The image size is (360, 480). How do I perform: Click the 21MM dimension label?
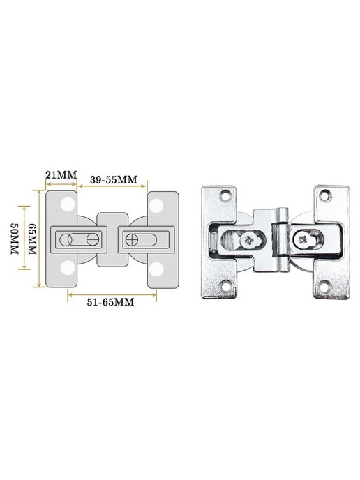pos(61,175)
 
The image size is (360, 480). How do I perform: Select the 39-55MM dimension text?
pos(114,180)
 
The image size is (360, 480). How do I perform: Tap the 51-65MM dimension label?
pos(110,302)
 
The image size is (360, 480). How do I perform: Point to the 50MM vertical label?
pos(15,238)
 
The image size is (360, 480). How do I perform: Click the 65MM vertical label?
pos(33,239)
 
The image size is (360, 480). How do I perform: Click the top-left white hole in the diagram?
pos(68,204)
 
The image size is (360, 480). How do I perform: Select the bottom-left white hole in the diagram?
pos(68,268)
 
